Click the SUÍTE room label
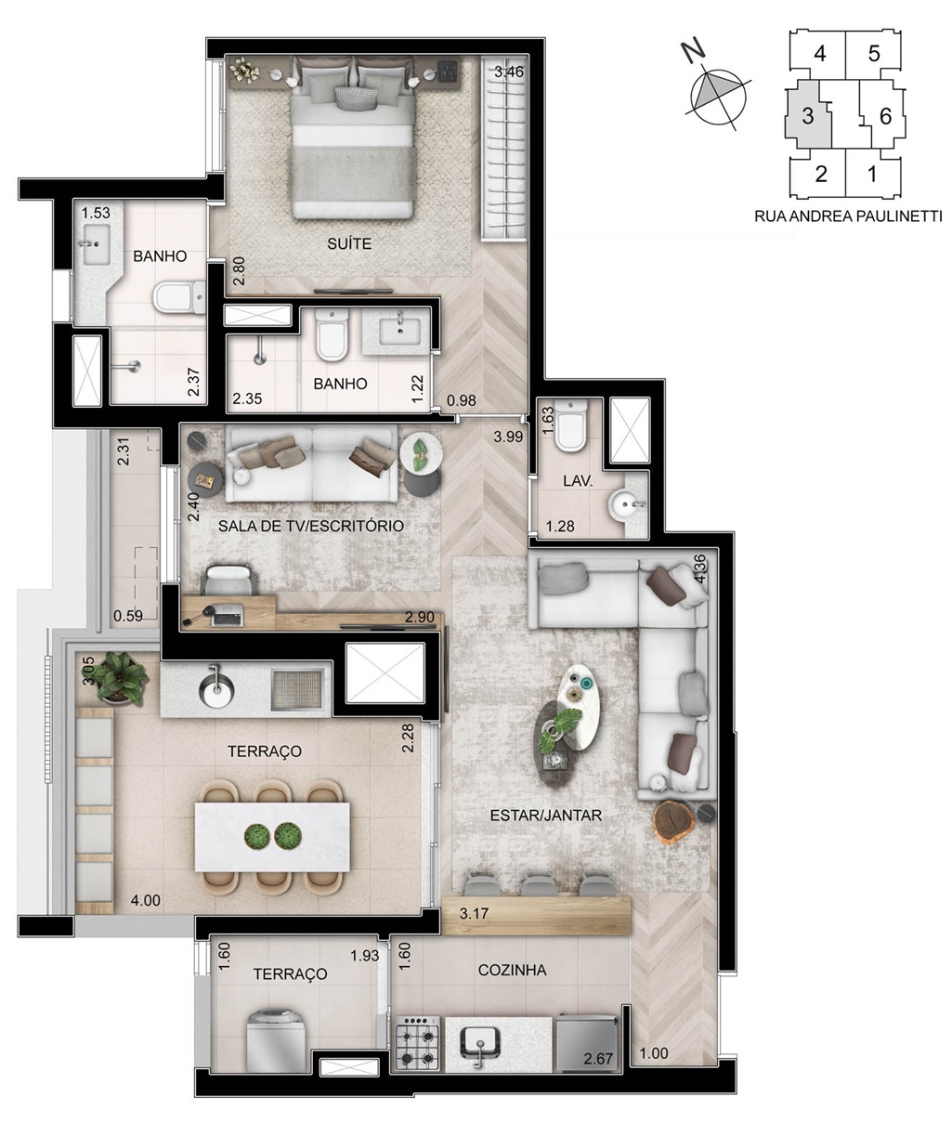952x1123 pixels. [x=349, y=243]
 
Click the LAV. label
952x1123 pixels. [x=578, y=481]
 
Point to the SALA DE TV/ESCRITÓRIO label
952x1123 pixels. [x=311, y=526]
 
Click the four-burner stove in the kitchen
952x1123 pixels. [x=417, y=1043]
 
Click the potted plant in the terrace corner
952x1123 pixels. [x=121, y=678]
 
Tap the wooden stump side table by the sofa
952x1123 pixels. [x=673, y=823]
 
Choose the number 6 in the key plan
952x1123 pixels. [x=885, y=116]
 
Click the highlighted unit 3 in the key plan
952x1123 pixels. [x=808, y=115]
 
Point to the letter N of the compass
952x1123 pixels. [x=694, y=50]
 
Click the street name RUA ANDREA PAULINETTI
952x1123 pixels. [x=848, y=216]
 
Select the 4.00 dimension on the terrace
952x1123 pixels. [x=145, y=900]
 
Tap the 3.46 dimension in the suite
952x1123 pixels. [x=509, y=72]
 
